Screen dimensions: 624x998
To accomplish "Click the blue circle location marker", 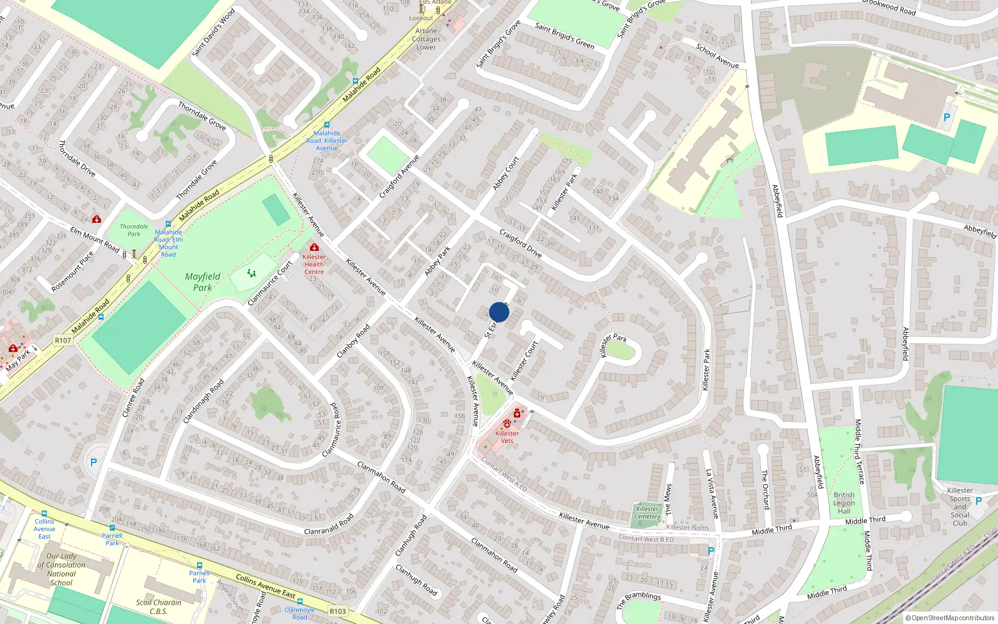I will pos(499,312).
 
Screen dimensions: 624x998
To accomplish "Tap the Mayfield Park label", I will pos(203,281).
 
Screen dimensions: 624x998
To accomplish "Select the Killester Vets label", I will pos(507,437).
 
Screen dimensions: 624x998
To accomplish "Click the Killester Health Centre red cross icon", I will pos(314,248).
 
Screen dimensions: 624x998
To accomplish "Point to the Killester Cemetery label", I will pos(647,512).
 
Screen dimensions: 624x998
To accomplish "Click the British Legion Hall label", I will pos(844,503).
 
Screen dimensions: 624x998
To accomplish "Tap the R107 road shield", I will pos(63,340).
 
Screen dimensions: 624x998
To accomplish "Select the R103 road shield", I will pos(338,611).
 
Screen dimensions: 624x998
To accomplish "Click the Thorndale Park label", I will pos(134,230).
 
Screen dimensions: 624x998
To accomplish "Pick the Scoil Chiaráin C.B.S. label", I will pos(158,607).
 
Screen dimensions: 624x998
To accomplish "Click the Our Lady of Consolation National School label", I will pos(61,569).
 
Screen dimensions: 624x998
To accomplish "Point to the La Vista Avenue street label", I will pos(712,494).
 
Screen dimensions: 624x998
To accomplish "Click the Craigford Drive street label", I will pos(521,243).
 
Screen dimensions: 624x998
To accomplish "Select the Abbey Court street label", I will pos(505,173).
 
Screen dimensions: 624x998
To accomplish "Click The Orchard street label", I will pos(765,489).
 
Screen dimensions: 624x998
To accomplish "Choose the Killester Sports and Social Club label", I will pos(960,507).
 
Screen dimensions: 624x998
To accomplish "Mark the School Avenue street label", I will pos(717,56).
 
